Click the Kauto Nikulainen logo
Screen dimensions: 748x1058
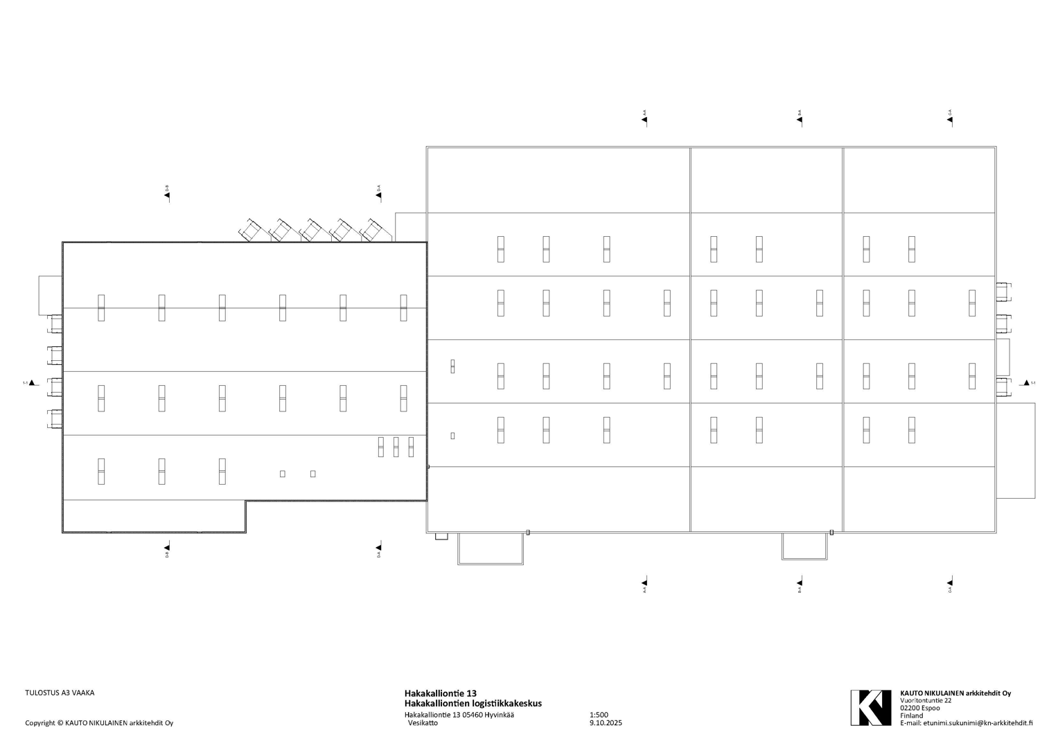pos(870,707)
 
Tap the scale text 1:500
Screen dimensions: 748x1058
pos(599,715)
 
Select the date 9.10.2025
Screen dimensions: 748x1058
pos(606,723)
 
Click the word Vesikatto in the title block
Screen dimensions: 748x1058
pos(423,723)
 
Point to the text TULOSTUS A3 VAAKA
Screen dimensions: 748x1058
pos(60,693)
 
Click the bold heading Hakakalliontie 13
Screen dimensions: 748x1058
pos(441,693)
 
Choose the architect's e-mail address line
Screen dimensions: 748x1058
pos(967,723)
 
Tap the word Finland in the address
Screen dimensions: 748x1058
pos(912,715)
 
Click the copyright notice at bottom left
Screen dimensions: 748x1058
pos(99,723)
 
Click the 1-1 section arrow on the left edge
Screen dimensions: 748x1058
pos(30,382)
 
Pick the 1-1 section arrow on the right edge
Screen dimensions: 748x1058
pos(1027,382)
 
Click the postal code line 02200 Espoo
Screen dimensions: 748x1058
pos(920,708)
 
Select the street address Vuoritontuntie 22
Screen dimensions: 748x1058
pos(926,700)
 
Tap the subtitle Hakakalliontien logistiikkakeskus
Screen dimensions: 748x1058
pos(473,704)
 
